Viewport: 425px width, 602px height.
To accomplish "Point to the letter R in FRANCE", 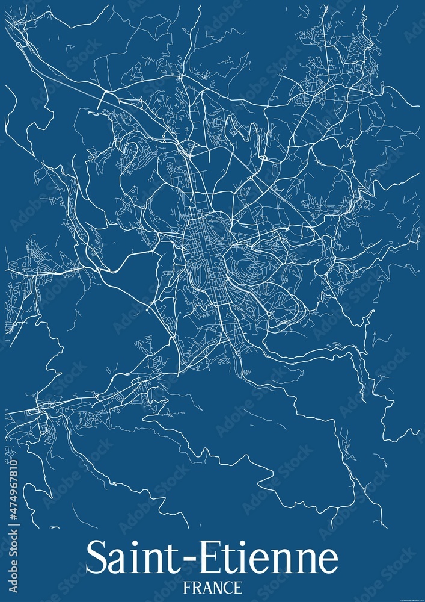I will tap(195, 587).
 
